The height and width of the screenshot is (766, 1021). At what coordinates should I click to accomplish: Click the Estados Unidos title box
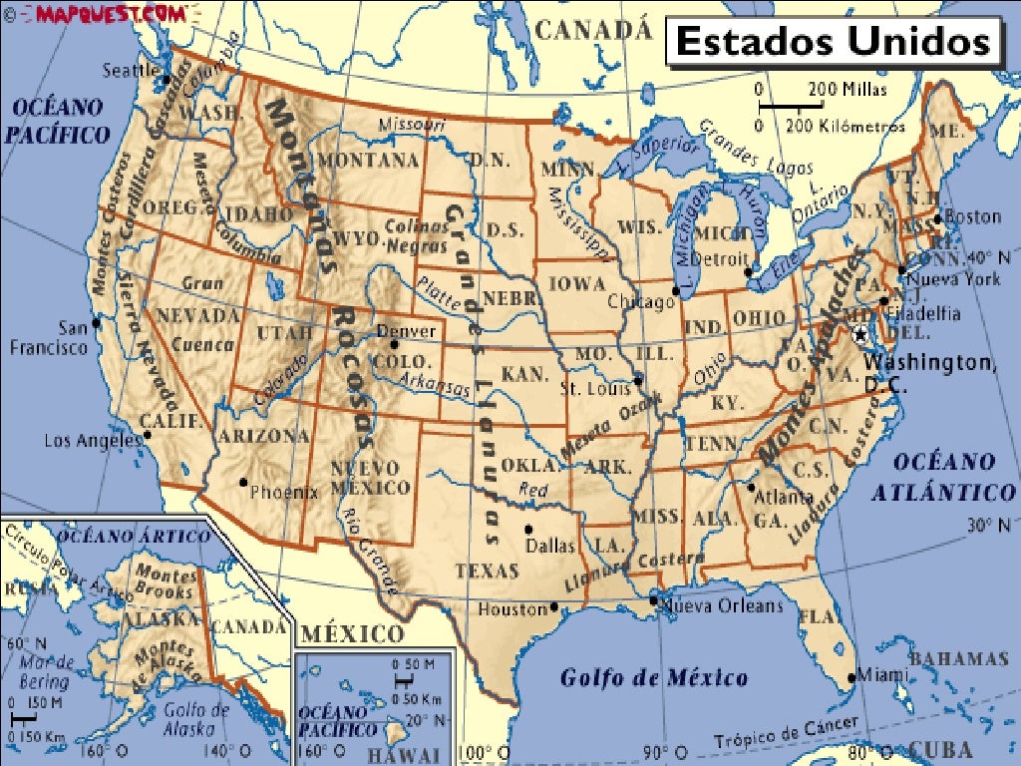(833, 43)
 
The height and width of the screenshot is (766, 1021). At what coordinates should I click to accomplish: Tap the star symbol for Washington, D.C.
(860, 336)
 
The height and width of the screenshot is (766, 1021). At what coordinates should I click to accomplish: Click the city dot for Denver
(395, 344)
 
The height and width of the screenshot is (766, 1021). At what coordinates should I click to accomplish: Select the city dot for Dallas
(528, 529)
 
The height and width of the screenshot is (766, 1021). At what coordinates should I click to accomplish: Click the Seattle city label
(131, 71)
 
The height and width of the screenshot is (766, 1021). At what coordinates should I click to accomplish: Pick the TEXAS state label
(488, 572)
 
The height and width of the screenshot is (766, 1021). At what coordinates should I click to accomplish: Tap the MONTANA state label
(369, 160)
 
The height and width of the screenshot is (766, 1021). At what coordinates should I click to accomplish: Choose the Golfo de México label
(653, 679)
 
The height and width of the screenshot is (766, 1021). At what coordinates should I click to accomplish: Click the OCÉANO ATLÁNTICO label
(943, 477)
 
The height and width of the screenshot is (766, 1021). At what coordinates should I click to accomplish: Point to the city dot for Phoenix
(242, 483)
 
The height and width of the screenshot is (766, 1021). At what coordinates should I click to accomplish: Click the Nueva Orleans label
(723, 605)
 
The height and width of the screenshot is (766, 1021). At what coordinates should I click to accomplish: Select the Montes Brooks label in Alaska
(166, 582)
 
